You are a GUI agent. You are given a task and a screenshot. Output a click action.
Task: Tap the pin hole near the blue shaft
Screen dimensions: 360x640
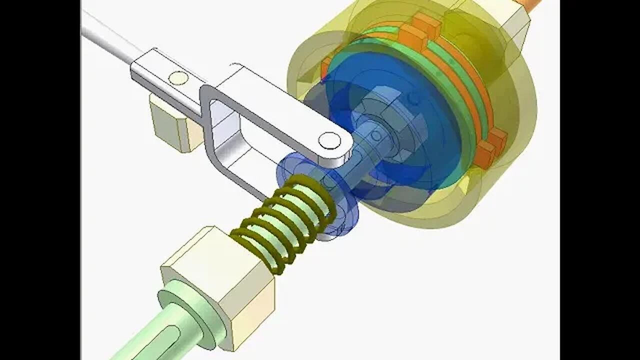tap(329, 140)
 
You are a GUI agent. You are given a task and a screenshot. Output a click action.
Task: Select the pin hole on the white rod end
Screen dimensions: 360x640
tap(178, 78)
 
